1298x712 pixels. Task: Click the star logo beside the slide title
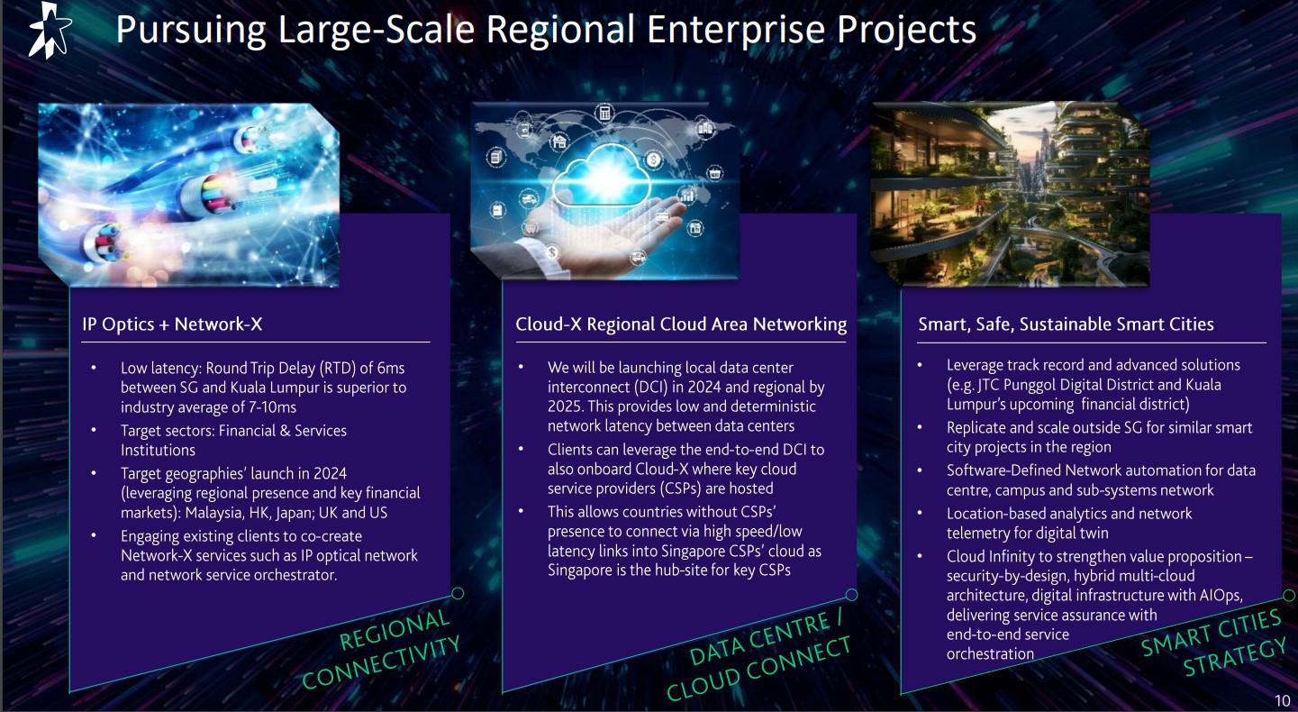pyautogui.click(x=50, y=30)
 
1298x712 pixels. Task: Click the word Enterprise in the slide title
pyautogui.click(x=735, y=30)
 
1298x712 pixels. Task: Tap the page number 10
pyautogui.click(x=1283, y=700)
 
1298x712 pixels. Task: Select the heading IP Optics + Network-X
pyautogui.click(x=172, y=324)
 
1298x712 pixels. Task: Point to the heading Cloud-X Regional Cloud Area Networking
pyautogui.click(x=681, y=324)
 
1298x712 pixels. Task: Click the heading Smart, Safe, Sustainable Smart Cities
pyautogui.click(x=1066, y=324)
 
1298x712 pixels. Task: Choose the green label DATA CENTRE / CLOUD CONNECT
pyautogui.click(x=758, y=656)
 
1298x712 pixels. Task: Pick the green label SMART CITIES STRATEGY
pyautogui.click(x=1213, y=643)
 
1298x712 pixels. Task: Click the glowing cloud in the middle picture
pyautogui.click(x=602, y=175)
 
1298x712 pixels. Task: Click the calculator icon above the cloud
pyautogui.click(x=604, y=113)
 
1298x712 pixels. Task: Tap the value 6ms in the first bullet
pyautogui.click(x=391, y=369)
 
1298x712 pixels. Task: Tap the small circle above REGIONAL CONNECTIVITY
pyautogui.click(x=458, y=593)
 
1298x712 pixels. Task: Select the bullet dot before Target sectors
pyautogui.click(x=94, y=430)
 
